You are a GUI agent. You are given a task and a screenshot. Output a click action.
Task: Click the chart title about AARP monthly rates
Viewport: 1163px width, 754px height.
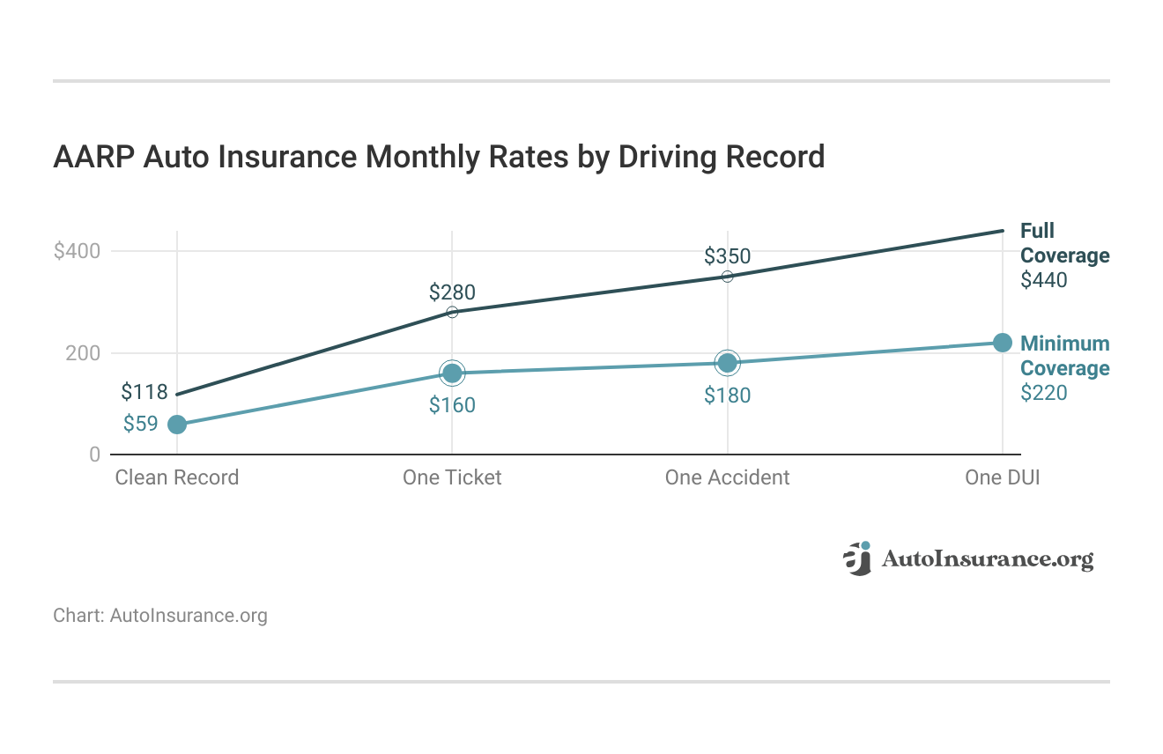click(439, 157)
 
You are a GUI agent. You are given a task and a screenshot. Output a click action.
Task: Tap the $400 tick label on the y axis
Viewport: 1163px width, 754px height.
click(78, 251)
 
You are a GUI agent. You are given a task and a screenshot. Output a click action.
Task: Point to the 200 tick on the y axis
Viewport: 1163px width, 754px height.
click(83, 353)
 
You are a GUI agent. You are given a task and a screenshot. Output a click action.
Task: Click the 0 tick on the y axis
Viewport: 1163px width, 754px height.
click(93, 455)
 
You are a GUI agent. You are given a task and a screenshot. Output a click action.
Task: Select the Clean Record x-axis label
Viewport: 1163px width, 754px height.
click(177, 477)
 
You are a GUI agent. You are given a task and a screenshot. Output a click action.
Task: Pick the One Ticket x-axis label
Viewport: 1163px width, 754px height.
click(452, 477)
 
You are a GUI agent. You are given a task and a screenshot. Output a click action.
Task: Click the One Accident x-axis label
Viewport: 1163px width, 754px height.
click(727, 477)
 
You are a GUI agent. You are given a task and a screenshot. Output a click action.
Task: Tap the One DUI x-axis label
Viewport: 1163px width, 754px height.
click(1002, 477)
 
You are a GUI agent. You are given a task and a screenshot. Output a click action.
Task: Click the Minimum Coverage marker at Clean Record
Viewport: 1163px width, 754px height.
click(177, 425)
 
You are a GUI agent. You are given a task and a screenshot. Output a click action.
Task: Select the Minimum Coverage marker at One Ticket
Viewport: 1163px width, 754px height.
click(452, 373)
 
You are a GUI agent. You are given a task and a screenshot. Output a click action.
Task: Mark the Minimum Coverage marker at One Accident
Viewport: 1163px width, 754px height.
click(727, 363)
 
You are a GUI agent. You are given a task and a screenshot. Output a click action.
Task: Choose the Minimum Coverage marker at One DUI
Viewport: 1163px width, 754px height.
click(1002, 343)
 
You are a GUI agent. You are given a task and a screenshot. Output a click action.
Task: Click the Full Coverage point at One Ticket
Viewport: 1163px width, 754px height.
click(452, 312)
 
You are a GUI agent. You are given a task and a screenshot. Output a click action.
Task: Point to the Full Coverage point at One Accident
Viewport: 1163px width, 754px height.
click(727, 277)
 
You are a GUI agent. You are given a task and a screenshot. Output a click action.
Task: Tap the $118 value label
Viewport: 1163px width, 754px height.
click(144, 391)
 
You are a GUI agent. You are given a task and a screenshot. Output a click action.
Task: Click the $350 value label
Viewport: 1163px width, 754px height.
click(727, 256)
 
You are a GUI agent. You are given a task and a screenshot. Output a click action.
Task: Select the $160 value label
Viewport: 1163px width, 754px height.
click(452, 405)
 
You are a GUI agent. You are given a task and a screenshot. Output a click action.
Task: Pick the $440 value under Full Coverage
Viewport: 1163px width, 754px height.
click(1043, 280)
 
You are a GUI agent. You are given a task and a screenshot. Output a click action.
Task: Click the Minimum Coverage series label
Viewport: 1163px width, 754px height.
click(1064, 356)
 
